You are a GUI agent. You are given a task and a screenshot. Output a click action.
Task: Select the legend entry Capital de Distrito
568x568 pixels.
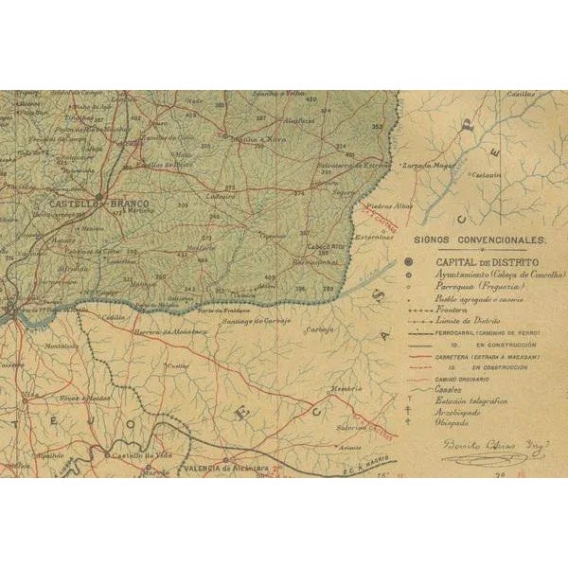[487, 260]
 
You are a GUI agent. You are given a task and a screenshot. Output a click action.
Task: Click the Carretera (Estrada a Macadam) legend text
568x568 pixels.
[487, 358]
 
